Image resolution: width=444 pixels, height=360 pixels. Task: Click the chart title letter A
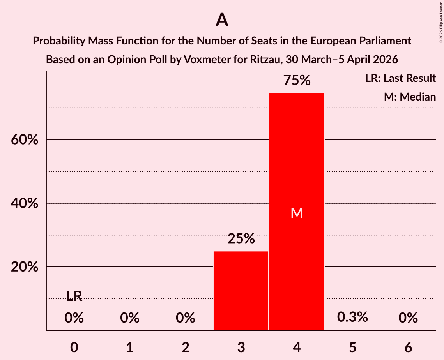222,20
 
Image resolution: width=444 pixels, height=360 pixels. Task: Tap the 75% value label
297,81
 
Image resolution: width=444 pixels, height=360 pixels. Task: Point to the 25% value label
241,239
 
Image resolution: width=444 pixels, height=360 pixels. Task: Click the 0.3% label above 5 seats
352,317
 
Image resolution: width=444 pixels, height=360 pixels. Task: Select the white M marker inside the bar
297,213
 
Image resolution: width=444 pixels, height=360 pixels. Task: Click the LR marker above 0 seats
74,296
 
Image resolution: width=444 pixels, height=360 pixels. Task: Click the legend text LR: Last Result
400,78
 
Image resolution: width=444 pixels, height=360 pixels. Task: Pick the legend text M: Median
410,97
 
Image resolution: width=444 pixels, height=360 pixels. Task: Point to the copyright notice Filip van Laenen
441,21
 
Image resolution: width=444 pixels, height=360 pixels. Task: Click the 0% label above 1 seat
130,318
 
